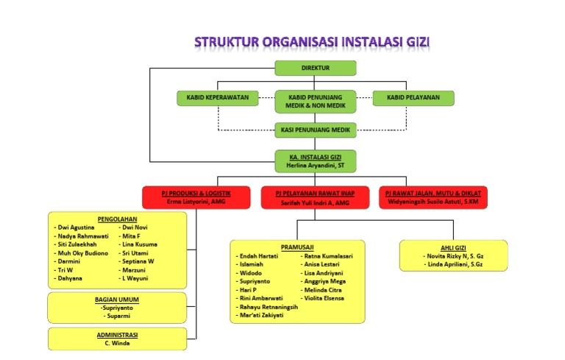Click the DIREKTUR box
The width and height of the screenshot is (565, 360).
[x=315, y=68]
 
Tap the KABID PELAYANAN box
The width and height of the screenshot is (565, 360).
[x=413, y=97]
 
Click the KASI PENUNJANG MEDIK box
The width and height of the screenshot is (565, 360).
[x=315, y=130]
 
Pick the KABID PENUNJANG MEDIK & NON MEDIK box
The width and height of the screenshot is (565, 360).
[x=315, y=101]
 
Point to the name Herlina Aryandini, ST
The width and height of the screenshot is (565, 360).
[x=315, y=166]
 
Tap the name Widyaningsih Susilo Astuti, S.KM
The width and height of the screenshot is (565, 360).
[x=433, y=201]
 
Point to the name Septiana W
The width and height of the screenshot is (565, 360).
[x=138, y=261]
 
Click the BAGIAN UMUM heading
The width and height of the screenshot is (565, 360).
[x=117, y=300]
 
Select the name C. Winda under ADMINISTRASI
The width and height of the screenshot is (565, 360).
[x=117, y=343]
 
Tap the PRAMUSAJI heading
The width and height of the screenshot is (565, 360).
[x=297, y=247]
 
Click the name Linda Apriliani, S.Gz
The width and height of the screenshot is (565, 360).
[x=455, y=264]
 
